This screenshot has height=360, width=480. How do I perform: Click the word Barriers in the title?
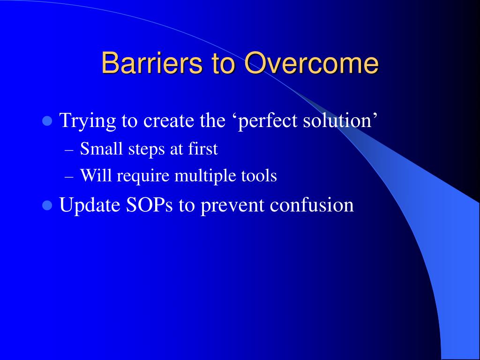152,63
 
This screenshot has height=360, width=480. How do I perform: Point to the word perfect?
268,121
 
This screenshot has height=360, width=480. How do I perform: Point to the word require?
143,177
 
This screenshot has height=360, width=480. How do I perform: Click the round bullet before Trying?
47,121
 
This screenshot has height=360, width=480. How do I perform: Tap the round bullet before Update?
47,205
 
